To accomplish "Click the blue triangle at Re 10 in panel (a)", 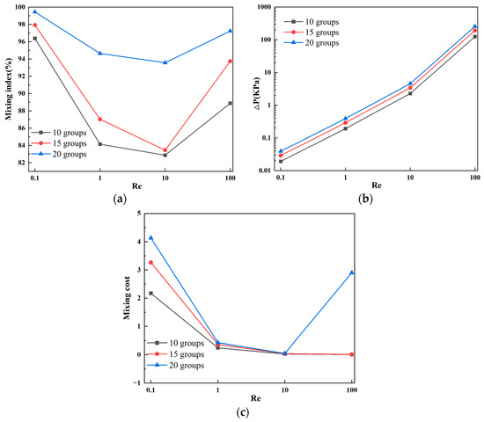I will coord(165,62).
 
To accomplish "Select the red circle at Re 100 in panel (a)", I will coord(231,61).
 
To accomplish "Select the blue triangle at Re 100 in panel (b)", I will coord(474,26).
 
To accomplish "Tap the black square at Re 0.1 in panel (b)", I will coord(281,161).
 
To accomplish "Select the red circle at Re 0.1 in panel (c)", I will coord(150,263).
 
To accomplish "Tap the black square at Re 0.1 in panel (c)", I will coord(150,294).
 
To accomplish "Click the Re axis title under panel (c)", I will coord(251,398).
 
